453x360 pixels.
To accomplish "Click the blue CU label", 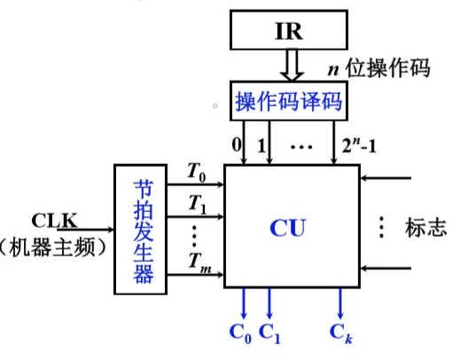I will [x=288, y=228].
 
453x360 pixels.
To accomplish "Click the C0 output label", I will [x=240, y=334].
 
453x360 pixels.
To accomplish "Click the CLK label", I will [x=55, y=219].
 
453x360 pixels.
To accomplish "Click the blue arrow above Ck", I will [x=341, y=304].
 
